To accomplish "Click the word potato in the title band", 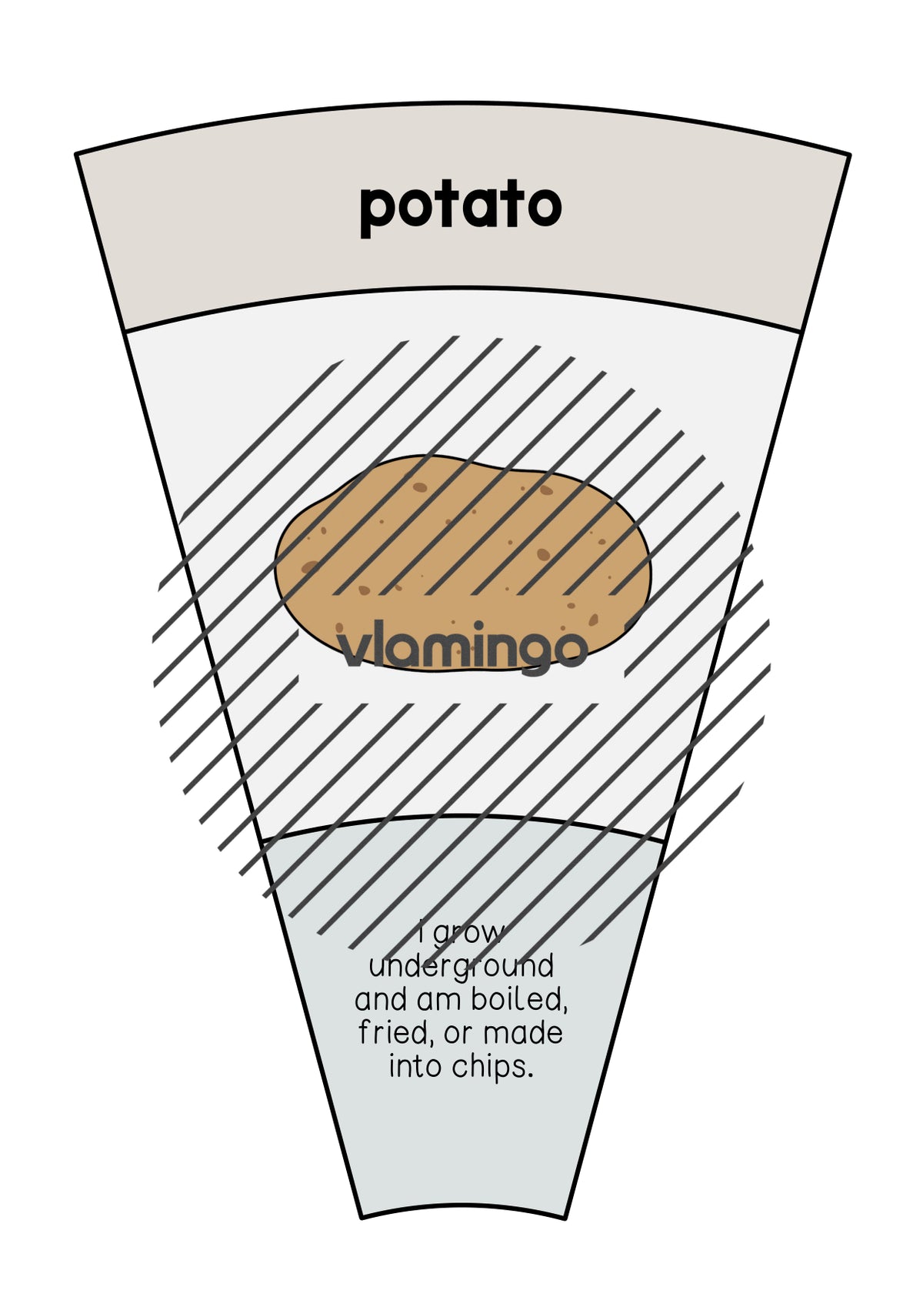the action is (x=461, y=209).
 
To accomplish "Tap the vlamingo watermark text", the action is (x=461, y=647).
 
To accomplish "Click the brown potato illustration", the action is (x=463, y=563).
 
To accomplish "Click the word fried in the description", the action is (x=395, y=1033).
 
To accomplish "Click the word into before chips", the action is (x=415, y=1067).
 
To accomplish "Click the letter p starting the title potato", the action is (x=377, y=213).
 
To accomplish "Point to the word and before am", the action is (x=384, y=1000).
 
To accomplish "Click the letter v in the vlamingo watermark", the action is (x=353, y=651).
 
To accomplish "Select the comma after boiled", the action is (x=565, y=1011).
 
